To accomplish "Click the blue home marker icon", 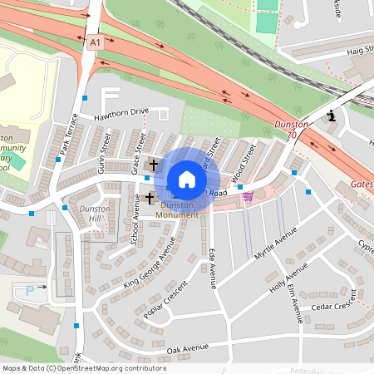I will [187, 179].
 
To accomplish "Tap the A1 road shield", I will [94, 41].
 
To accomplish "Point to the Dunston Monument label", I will [180, 209].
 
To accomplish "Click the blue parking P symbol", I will [31, 290].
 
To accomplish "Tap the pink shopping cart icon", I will [248, 196].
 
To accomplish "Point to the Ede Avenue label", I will [212, 268].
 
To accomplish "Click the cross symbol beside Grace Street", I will [154, 165].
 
